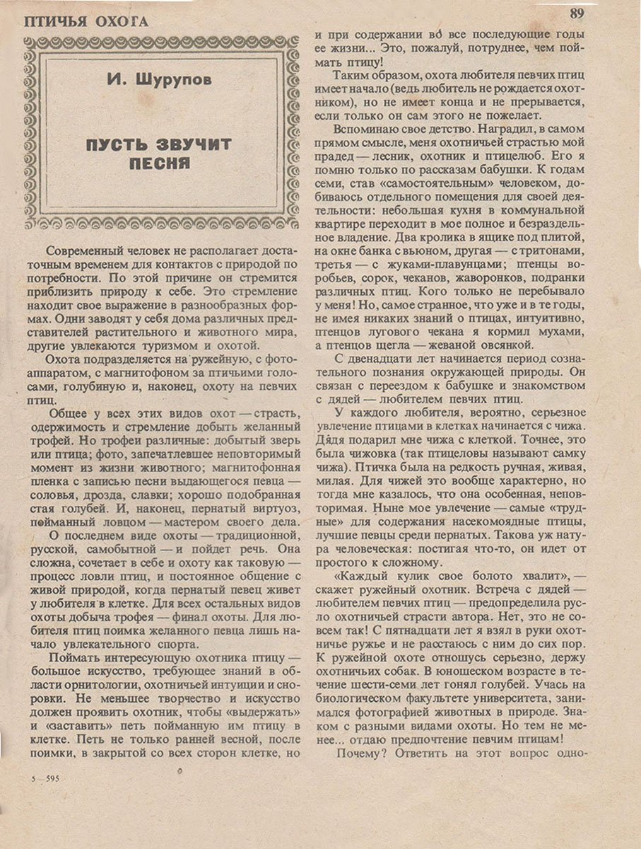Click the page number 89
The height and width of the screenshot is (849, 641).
coord(576,13)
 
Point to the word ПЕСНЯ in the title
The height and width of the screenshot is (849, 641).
coord(160,164)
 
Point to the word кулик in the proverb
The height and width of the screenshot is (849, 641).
coord(416,576)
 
